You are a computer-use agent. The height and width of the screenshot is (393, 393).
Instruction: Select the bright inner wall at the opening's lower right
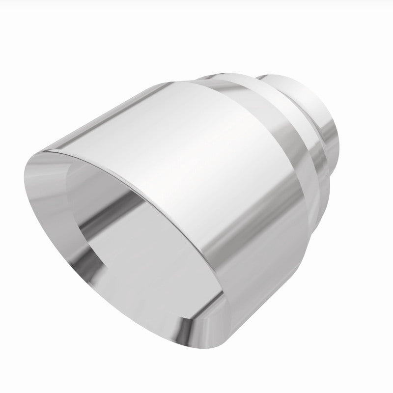196,275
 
